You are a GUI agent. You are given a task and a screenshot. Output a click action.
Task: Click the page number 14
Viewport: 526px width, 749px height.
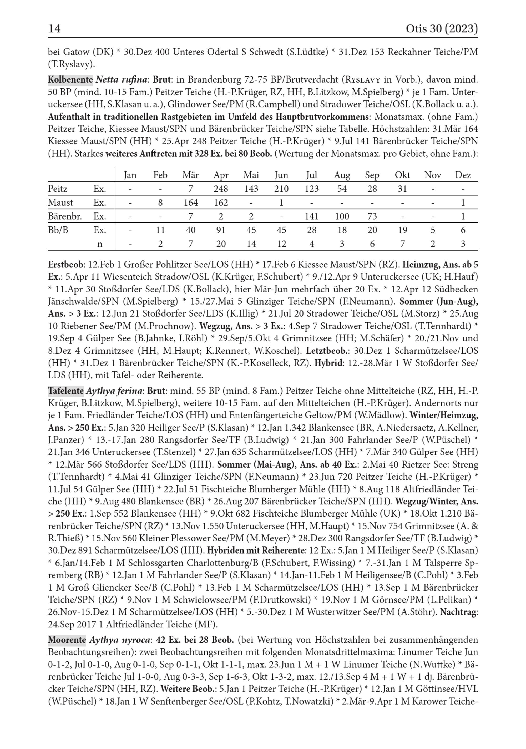pyautogui.click(x=54, y=29)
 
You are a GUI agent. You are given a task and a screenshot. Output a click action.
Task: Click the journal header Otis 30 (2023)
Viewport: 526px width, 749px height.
pyautogui.click(x=442, y=29)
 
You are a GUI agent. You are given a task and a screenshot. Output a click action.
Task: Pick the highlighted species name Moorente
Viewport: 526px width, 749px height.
pyautogui.click(x=67, y=640)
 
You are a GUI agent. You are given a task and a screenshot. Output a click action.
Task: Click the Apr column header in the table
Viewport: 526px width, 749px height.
pyautogui.click(x=221, y=175)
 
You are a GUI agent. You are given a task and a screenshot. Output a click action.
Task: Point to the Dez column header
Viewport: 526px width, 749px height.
pyautogui.click(x=463, y=175)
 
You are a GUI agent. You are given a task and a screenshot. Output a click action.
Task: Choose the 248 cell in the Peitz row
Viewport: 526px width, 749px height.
pyautogui.click(x=221, y=189)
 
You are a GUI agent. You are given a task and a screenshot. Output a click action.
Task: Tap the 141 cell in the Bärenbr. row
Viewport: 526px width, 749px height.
pyautogui.click(x=312, y=216)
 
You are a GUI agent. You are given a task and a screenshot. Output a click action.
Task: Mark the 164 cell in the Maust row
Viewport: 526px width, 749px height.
pyautogui.click(x=191, y=203)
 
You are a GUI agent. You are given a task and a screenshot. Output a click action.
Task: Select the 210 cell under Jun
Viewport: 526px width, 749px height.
pyautogui.click(x=281, y=189)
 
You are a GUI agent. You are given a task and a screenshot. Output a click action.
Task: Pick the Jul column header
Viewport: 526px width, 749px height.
pyautogui.click(x=312, y=175)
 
